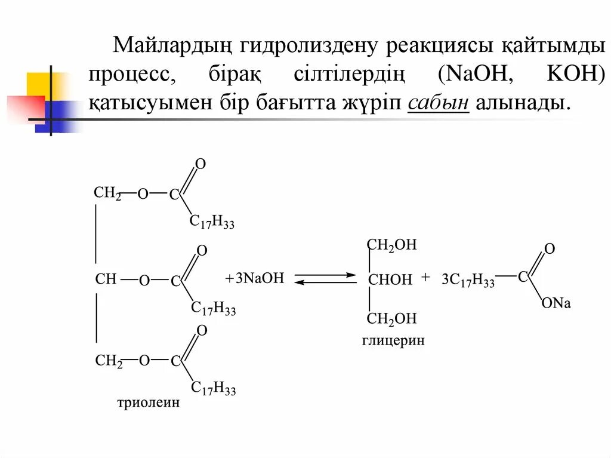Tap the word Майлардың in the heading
point(173,46)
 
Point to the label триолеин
point(147,403)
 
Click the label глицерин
point(393,341)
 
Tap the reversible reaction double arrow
point(325,279)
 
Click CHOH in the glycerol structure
point(390,279)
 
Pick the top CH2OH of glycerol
point(391,244)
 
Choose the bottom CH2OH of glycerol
point(391,319)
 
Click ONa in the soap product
point(556,304)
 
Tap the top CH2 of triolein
point(107,193)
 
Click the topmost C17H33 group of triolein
point(212,222)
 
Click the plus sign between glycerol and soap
point(425,278)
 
